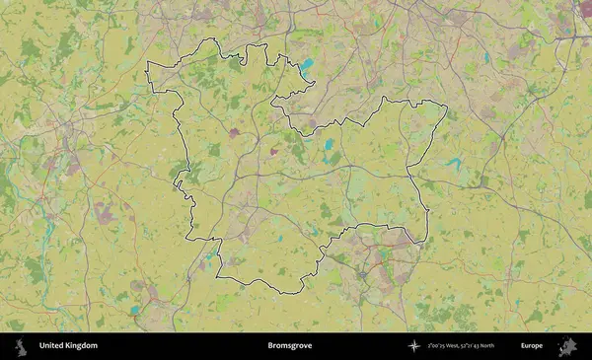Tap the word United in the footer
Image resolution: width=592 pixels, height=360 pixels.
(x=51, y=346)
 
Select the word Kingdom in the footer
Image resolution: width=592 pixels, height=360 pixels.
(x=81, y=346)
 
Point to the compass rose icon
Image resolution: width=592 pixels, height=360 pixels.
(x=414, y=346)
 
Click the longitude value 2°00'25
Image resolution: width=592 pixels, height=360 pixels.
(x=439, y=346)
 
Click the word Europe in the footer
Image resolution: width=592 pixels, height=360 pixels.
(x=532, y=346)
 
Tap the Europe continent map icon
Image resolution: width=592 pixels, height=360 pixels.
(x=566, y=346)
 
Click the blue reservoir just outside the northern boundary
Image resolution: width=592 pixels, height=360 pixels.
(x=307, y=67)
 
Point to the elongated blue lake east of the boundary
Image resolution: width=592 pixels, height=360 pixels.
(x=453, y=163)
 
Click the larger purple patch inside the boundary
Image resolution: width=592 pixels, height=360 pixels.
(x=235, y=132)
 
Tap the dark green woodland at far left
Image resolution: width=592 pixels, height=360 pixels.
(x=7, y=192)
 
